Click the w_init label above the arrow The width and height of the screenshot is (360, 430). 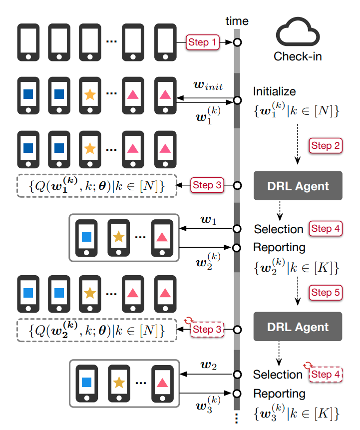[208, 86]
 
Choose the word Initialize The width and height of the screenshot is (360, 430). [274, 92]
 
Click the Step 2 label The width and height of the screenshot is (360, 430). [326, 146]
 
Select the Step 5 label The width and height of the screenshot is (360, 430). [326, 292]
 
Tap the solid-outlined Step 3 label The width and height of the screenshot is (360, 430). [206, 185]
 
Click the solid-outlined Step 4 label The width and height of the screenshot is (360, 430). [326, 229]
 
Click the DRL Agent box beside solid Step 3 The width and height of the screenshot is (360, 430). [298, 186]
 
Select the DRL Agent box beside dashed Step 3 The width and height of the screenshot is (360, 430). [298, 327]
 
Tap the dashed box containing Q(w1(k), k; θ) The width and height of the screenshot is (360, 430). [97, 186]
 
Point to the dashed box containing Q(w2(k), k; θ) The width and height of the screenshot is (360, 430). [97, 330]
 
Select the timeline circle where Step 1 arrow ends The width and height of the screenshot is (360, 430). [237, 43]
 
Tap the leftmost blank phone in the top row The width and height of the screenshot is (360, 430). [28, 42]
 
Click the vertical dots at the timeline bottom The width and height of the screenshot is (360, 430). [237, 420]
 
